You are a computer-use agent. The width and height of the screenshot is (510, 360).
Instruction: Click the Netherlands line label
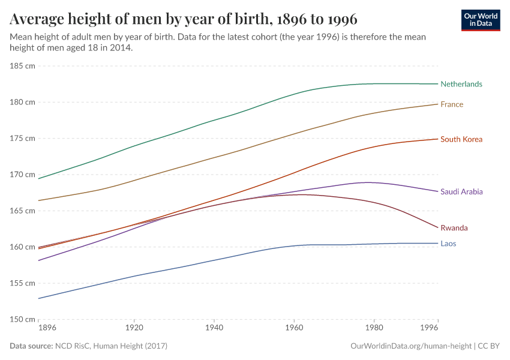(x=461, y=84)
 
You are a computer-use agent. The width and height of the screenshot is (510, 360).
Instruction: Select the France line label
(x=451, y=104)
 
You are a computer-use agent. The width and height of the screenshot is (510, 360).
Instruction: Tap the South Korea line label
(x=461, y=139)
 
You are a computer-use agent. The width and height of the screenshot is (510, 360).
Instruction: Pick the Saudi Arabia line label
(x=461, y=192)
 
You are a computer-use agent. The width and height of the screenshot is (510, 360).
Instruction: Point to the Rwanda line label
(x=454, y=228)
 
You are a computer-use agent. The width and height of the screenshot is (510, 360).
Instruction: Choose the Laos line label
(x=448, y=244)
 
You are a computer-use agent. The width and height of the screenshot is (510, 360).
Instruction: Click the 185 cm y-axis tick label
(x=22, y=65)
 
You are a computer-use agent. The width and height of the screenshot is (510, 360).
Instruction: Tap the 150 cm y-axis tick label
(x=22, y=319)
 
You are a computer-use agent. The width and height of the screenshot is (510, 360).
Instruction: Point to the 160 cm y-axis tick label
(x=22, y=247)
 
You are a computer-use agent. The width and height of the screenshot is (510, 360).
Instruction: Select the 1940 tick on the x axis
(x=214, y=328)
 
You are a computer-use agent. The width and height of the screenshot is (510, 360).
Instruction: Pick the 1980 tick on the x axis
(x=374, y=328)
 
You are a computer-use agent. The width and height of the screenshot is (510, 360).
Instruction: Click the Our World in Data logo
(x=481, y=20)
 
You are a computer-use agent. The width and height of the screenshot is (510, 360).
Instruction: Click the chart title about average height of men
(x=184, y=19)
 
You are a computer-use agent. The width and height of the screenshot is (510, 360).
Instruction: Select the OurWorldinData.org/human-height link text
(x=410, y=346)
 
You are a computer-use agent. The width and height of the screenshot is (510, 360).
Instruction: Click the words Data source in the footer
(x=31, y=346)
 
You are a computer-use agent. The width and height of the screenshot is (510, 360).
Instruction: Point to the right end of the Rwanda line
(x=438, y=227)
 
